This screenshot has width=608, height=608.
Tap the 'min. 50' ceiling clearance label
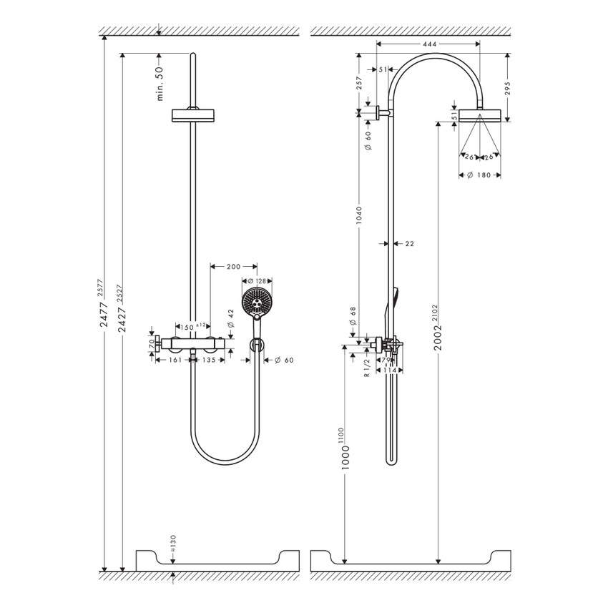coord(160,83)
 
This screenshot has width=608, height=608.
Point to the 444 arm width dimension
coord(429,44)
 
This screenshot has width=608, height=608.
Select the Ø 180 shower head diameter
coord(479,175)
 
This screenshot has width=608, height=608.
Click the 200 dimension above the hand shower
coord(233,266)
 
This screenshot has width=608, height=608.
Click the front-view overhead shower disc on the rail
coord(193,115)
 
